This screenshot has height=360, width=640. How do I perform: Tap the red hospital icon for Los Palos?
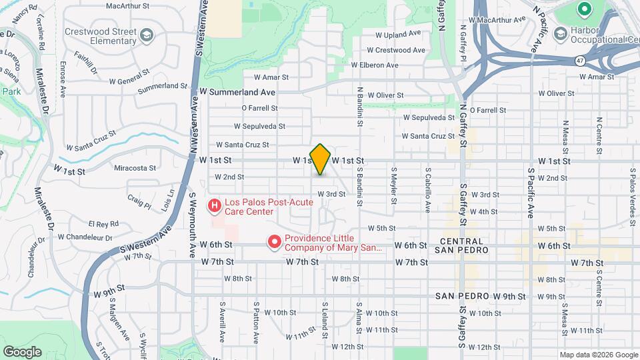pos(215,205)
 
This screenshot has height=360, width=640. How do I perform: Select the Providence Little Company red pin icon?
pos(274,242)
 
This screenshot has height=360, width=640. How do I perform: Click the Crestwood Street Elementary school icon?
pos(146,35)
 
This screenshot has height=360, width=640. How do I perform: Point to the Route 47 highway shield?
pos(581,60)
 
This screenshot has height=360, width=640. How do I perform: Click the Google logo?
pos(22,351)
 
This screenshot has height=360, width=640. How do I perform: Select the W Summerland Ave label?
pos(238,92)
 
